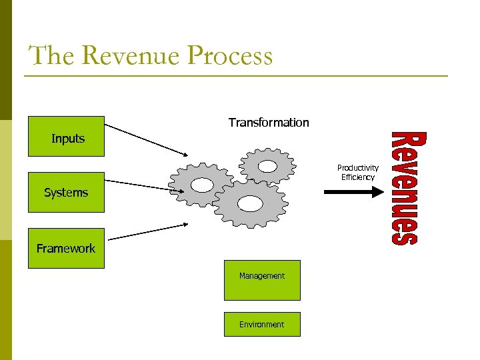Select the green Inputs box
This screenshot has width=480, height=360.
coord(66,137)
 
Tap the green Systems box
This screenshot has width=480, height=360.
coord(66,192)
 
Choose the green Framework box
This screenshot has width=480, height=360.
coord(66,248)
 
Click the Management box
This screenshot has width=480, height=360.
coord(262,280)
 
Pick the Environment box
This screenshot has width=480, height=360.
coord(262,325)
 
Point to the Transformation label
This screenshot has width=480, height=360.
coord(269,122)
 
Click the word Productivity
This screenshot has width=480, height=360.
coord(357,168)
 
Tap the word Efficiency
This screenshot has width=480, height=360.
coord(357,177)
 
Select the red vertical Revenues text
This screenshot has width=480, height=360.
coord(405,189)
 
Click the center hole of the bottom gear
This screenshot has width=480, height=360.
coord(249,201)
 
